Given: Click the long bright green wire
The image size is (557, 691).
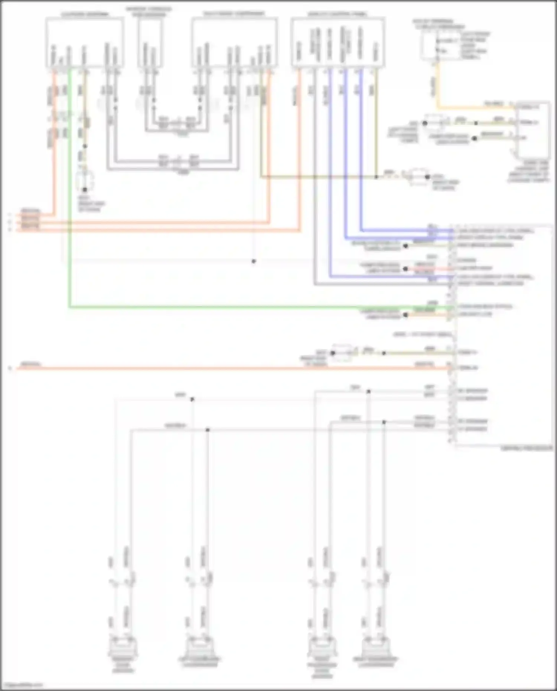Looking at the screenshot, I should (x=223, y=307).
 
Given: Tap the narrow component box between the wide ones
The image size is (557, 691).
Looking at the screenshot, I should (x=150, y=43).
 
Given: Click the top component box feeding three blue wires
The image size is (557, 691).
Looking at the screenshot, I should (x=338, y=43).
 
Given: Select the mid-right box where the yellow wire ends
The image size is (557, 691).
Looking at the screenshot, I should (x=534, y=130).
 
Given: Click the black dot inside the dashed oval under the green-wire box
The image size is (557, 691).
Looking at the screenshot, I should (x=85, y=189).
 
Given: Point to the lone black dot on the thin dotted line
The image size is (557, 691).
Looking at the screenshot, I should (x=254, y=261).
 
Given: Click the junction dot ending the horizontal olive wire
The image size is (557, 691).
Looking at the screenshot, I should (x=376, y=177).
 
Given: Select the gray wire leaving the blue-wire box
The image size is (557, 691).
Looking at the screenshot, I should (x=315, y=186).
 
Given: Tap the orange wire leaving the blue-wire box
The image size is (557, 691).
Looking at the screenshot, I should (x=299, y=149).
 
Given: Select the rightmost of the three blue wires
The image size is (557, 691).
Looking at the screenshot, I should (x=361, y=149).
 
